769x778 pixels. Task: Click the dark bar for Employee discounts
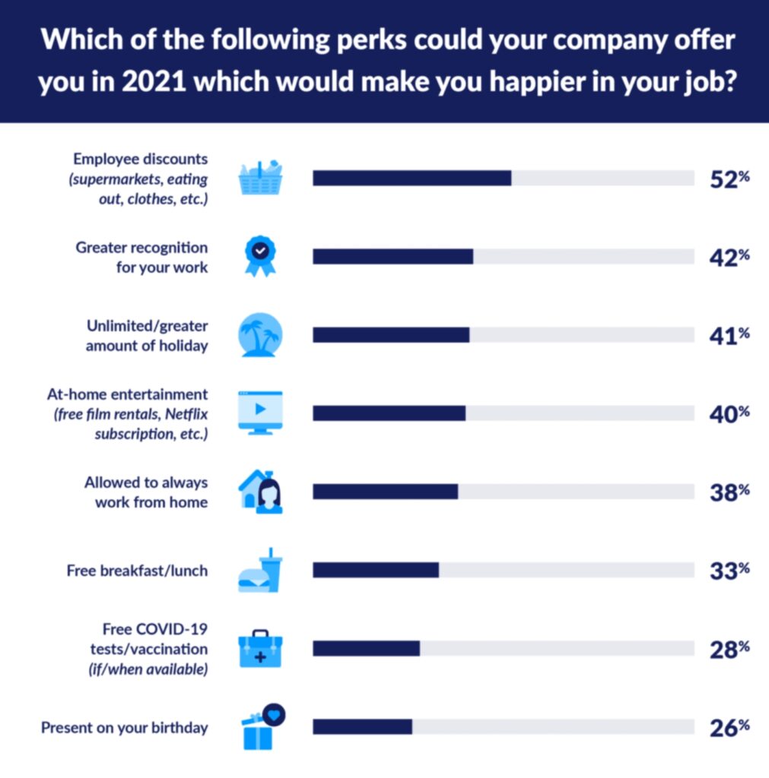click(x=412, y=179)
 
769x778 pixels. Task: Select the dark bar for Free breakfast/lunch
click(x=376, y=570)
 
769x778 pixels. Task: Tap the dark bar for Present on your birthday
click(x=362, y=726)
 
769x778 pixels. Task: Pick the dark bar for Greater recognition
click(x=392, y=257)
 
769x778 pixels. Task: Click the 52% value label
click(x=729, y=179)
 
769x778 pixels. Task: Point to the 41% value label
click(x=729, y=335)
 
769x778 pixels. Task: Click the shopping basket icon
click(x=260, y=179)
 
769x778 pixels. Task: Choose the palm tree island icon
click(x=260, y=335)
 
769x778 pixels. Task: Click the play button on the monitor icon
click(x=260, y=409)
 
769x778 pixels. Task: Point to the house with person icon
click(x=260, y=491)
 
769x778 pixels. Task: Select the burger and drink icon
click(x=260, y=570)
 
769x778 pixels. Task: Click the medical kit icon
click(x=260, y=649)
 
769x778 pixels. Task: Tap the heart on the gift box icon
click(x=275, y=714)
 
